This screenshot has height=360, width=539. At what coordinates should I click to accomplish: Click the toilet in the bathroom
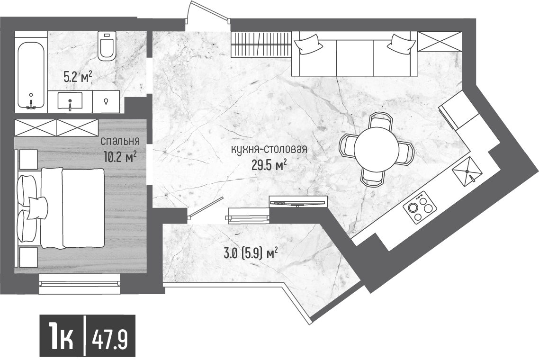107,46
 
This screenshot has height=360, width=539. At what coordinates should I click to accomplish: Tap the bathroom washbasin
70,100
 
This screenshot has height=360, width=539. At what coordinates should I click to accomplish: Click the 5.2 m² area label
78,77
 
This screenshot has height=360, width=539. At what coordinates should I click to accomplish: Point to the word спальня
120,141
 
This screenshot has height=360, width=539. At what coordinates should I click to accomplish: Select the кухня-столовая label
269,150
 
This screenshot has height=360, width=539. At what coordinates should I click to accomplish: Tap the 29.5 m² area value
269,165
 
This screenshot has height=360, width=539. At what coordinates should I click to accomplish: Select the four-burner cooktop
419,208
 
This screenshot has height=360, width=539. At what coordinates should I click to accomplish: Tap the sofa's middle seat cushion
354,57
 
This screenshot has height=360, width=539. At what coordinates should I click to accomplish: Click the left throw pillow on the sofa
308,45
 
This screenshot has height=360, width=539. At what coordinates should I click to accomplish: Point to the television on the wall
297,202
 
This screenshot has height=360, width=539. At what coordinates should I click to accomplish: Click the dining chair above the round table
380,121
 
